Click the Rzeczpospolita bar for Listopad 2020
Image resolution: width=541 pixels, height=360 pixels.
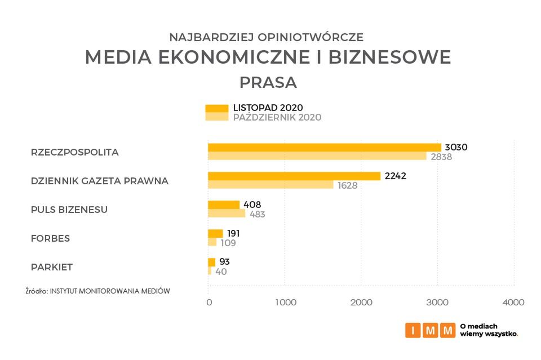tap(324, 148)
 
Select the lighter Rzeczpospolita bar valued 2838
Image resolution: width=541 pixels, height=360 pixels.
tap(317, 156)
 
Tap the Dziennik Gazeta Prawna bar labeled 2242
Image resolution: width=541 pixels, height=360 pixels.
tap(294, 176)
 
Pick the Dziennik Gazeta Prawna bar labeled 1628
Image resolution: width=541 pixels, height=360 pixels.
tap(270, 185)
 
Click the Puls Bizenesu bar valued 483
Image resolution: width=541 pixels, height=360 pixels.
tap(227, 214)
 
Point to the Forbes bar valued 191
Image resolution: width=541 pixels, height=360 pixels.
tap(215, 234)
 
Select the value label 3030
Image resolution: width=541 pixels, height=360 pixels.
tap(456, 148)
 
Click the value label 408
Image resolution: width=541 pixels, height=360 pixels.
tap(252, 205)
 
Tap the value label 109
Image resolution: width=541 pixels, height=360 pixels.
tap(228, 243)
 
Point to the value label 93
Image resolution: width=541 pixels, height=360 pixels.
tap(224, 262)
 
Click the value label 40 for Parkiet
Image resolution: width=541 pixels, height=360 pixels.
tap(221, 272)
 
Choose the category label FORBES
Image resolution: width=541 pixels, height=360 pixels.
tap(50, 238)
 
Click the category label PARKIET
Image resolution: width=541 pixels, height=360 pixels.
tap(52, 267)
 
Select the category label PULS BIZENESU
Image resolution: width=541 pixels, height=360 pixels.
tap(69, 210)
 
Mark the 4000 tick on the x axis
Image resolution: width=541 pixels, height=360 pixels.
tap(513, 303)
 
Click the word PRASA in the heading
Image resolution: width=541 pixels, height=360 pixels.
tap(268, 82)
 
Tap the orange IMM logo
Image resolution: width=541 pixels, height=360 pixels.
tap(429, 330)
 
